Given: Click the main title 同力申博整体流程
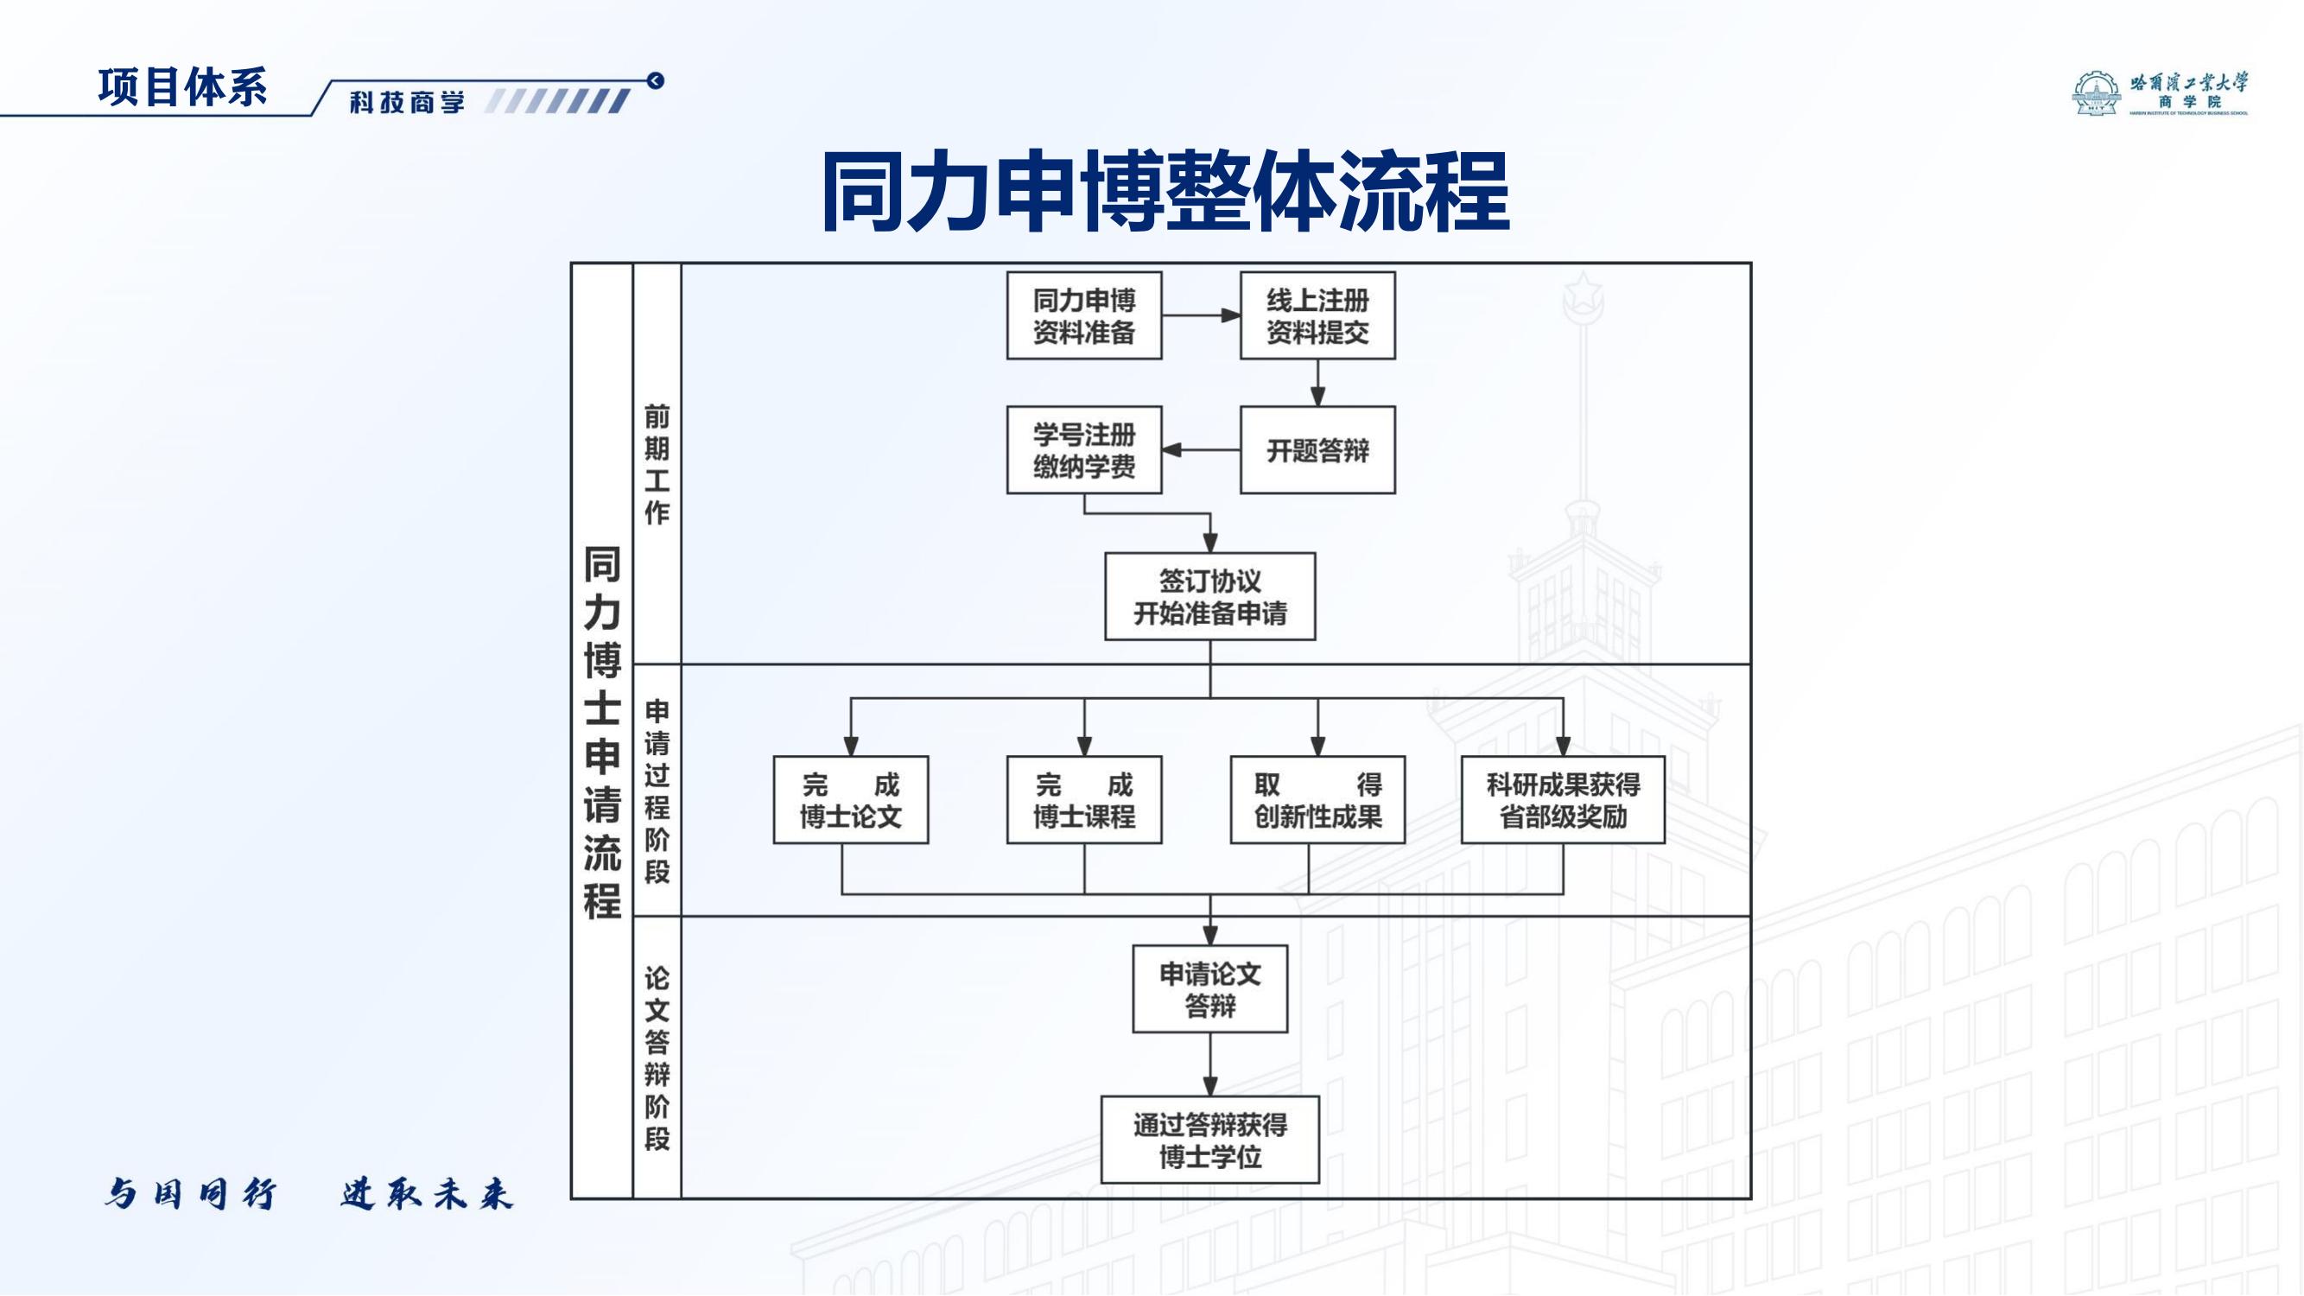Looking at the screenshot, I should (x=1165, y=192).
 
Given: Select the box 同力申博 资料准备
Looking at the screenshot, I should (x=1084, y=315).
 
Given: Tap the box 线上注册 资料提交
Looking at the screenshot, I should (x=1317, y=315).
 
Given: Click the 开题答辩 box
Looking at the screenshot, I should (x=1317, y=450).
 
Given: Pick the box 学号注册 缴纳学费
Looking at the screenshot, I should (x=1084, y=450).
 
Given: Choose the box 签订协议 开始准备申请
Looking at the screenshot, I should (x=1209, y=596).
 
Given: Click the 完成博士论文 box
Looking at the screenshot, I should (x=851, y=799).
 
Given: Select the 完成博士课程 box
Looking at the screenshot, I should (x=1084, y=799).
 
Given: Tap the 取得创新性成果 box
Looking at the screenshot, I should (x=1317, y=799).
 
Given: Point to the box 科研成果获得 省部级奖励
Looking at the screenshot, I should (x=1563, y=799).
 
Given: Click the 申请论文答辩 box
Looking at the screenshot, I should (x=1209, y=989).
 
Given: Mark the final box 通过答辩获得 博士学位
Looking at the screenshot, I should (x=1209, y=1140).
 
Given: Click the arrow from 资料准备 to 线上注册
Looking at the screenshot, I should (x=1201, y=315).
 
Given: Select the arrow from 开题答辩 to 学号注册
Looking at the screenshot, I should (x=1200, y=450).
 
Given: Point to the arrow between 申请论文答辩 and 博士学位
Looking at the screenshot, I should (x=1209, y=1064).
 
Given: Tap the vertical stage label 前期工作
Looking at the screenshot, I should (x=657, y=463).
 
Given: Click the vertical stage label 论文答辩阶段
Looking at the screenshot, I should (x=657, y=1058).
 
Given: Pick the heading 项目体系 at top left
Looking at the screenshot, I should (x=182, y=87).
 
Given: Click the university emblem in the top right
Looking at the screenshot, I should (x=2096, y=94).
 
